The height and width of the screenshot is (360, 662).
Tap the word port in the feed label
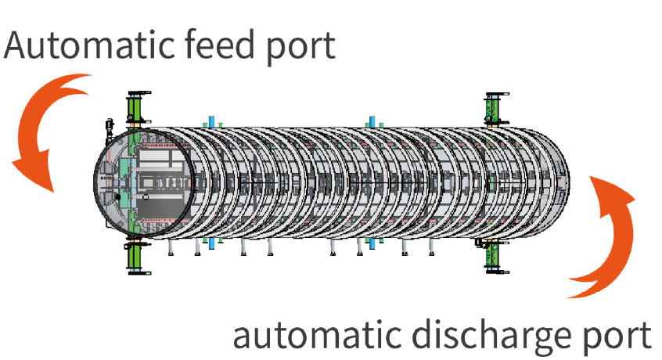(x=302, y=47)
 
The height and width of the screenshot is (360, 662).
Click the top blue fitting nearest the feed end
(x=210, y=121)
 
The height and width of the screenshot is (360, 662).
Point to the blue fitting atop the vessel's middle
(x=372, y=121)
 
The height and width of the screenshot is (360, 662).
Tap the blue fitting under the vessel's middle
(x=372, y=243)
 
